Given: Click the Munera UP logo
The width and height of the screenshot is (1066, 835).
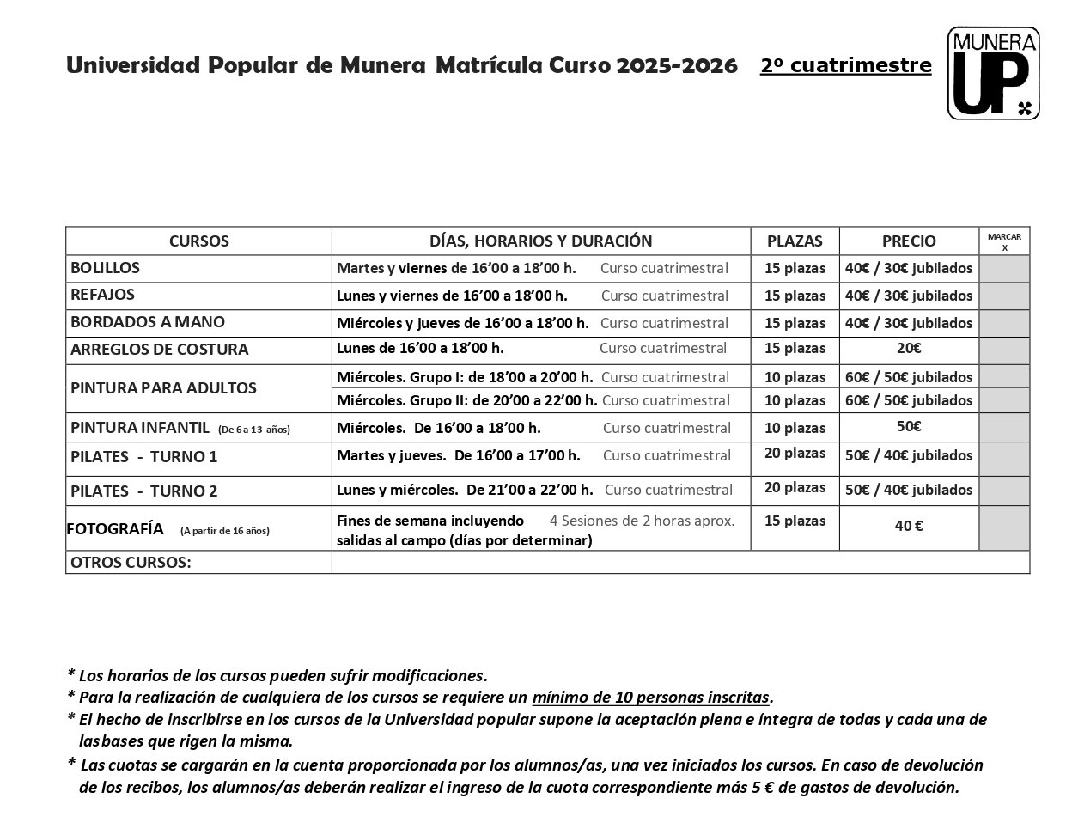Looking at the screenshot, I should click(993, 73).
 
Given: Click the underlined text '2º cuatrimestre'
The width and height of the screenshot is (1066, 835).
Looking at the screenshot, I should click(845, 65).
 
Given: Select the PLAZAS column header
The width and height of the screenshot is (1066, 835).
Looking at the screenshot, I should click(795, 241).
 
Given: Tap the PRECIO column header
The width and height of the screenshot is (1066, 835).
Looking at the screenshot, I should click(909, 241).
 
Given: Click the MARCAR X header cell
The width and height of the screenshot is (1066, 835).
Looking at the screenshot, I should click(1004, 241).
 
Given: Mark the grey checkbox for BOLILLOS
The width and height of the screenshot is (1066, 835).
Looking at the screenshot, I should click(1004, 268).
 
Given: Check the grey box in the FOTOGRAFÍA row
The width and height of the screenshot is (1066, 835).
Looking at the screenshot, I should click(1004, 527).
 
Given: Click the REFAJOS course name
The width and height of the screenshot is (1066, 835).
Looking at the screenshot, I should click(103, 295).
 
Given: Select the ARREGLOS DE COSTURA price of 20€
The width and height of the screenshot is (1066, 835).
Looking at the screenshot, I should click(909, 349).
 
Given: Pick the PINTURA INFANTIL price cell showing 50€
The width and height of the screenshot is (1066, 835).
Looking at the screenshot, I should click(909, 427).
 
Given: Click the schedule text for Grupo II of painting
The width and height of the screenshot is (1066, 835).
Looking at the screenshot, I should click(466, 400).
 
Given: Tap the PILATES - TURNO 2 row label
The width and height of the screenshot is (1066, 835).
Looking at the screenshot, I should click(144, 491).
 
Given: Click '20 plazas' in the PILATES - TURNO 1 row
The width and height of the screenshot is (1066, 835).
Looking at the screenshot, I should click(795, 454).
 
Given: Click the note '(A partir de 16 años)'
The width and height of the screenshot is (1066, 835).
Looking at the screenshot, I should click(225, 531).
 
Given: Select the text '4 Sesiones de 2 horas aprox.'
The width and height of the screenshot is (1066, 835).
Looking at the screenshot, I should click(642, 521).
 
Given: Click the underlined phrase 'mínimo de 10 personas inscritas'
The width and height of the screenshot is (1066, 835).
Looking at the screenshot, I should click(651, 698).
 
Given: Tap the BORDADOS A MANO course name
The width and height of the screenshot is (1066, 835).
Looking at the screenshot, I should click(148, 322).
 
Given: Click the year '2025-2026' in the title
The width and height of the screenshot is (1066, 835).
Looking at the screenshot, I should click(677, 65).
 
